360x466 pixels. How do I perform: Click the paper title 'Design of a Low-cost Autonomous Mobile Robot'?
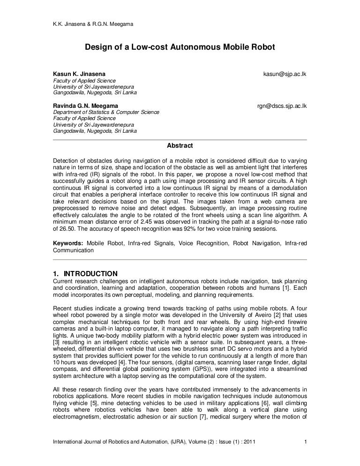pyautogui.click(x=180, y=48)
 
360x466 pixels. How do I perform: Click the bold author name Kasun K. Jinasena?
pyautogui.click(x=79, y=74)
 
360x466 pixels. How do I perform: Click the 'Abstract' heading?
pyautogui.click(x=180, y=145)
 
